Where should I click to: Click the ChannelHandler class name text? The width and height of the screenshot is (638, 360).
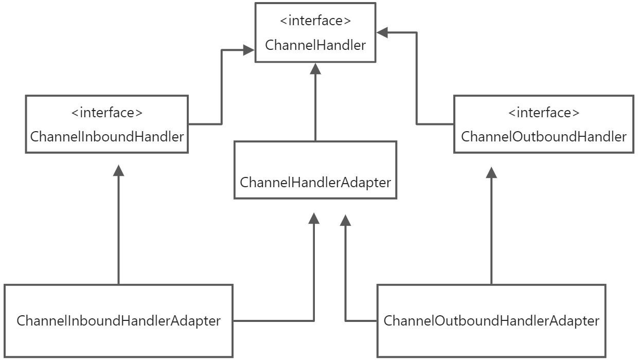click(315, 45)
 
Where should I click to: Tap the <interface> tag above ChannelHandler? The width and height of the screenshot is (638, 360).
click(315, 21)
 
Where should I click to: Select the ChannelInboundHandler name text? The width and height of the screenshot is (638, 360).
click(107, 137)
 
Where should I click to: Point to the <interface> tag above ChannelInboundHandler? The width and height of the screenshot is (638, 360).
click(107, 112)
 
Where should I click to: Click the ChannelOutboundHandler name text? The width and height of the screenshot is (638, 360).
click(543, 137)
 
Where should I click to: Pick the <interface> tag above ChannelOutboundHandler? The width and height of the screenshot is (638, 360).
click(543, 112)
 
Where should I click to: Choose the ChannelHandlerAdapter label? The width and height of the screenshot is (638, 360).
click(315, 182)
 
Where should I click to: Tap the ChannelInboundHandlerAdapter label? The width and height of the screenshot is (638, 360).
click(119, 321)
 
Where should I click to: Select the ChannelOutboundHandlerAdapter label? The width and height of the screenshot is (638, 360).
click(491, 321)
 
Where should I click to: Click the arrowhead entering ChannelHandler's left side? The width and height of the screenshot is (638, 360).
click(249, 50)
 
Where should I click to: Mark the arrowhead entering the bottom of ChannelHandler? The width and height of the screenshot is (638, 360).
click(315, 68)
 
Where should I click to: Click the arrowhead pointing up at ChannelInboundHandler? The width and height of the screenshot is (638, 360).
click(119, 171)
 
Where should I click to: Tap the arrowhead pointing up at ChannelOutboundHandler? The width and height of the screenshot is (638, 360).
click(492, 171)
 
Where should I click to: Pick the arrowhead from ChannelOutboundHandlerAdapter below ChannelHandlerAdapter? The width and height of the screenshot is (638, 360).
click(345, 220)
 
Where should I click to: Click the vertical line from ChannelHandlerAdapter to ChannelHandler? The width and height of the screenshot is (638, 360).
click(315, 108)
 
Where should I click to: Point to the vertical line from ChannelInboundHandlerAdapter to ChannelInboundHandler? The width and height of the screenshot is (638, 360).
click(119, 231)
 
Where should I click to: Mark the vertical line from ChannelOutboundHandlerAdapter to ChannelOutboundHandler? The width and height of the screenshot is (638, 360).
click(492, 231)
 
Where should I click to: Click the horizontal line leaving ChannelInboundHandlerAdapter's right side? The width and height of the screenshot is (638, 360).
click(273, 321)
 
